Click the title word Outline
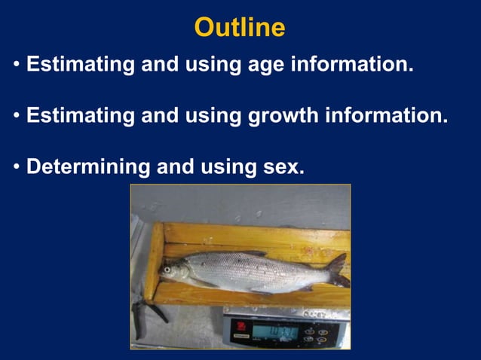coord(240,28)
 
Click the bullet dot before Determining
coord(17,168)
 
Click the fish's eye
coord(167,269)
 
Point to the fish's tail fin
coord(337,270)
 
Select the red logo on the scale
coord(240,325)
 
